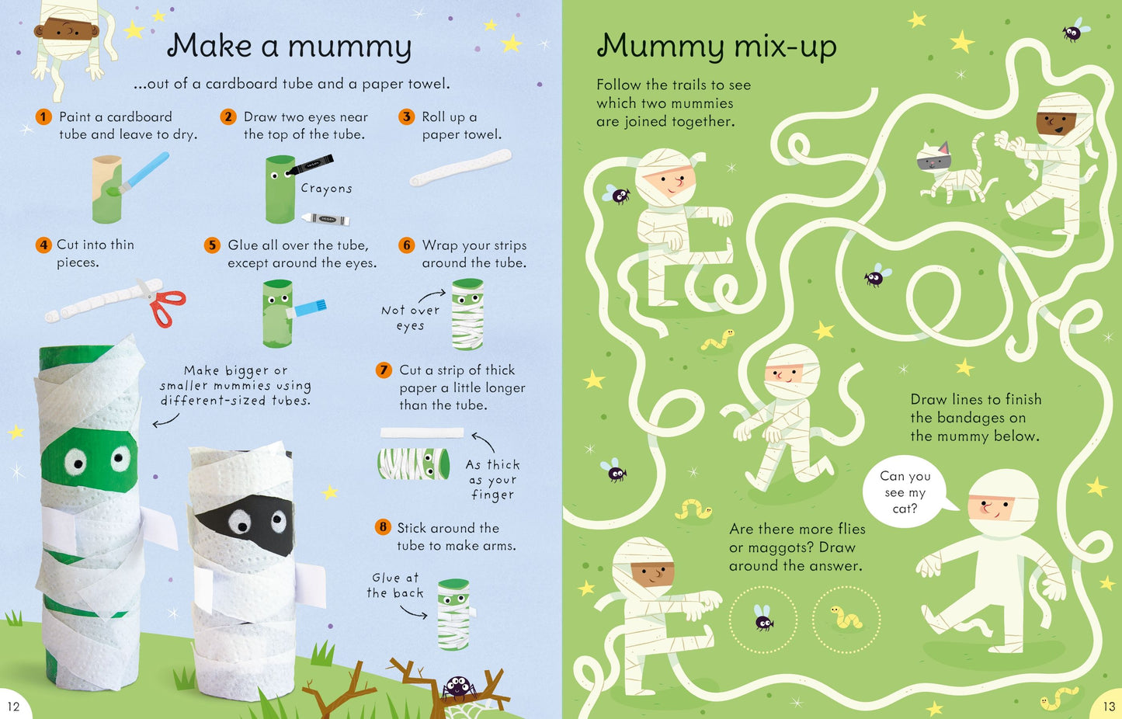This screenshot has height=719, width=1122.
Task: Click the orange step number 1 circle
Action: tap(43, 117)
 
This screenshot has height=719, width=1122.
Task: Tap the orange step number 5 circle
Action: tap(213, 245)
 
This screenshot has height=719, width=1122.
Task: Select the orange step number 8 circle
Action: tap(383, 527)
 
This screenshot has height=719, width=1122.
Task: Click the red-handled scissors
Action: tap(163, 302)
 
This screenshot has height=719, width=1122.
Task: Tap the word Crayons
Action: tap(327, 189)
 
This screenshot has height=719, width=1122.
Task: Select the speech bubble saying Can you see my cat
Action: tap(907, 491)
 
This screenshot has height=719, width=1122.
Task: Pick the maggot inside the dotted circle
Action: tap(846, 617)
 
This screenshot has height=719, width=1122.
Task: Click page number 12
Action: tap(13, 707)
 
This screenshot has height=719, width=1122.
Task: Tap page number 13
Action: tap(1109, 706)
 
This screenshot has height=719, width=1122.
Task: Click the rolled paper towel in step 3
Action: tap(460, 168)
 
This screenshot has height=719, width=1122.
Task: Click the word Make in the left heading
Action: tap(210, 45)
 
